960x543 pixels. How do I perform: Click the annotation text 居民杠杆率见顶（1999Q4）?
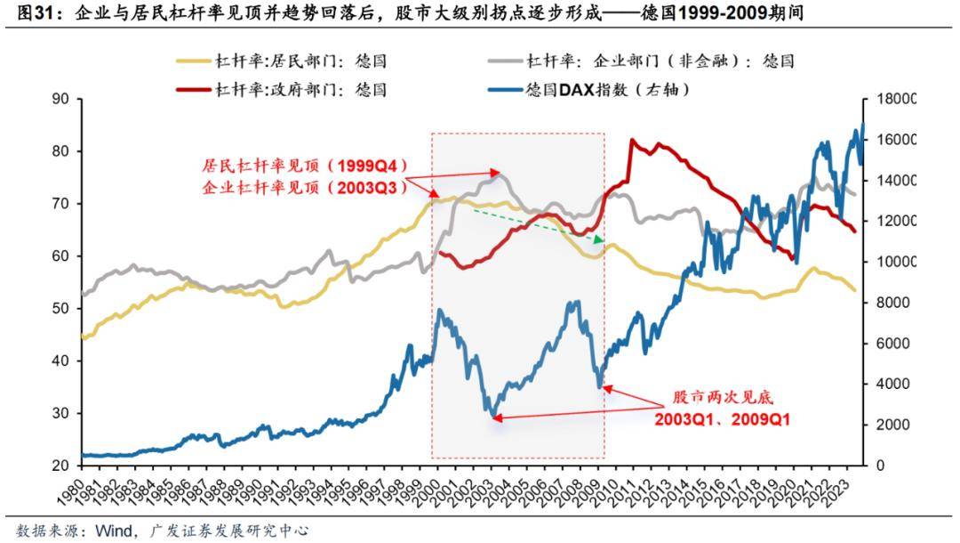(292, 166)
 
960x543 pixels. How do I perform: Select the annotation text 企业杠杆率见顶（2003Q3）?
(292, 188)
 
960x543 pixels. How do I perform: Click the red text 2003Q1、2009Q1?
(723, 418)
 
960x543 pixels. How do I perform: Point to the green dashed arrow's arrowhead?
(601, 240)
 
